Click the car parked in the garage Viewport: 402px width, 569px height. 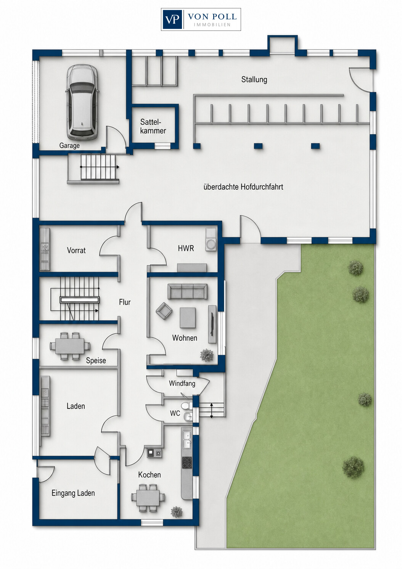click(82, 102)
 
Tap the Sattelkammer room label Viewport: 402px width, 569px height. click(153, 126)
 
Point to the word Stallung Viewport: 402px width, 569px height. click(254, 79)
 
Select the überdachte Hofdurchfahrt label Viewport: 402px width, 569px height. click(243, 187)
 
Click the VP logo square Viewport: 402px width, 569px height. click(172, 19)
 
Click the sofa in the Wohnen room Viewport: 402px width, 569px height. click(187, 291)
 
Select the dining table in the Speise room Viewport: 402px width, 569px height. click(70, 346)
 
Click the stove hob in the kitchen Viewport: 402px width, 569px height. click(187, 463)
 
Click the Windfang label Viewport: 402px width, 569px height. click(182, 383)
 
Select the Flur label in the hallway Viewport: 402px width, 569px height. click(124, 302)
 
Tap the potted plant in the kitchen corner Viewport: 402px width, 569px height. click(177, 511)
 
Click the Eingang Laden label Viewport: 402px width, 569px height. click(73, 493)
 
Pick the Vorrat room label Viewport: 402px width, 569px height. click(76, 251)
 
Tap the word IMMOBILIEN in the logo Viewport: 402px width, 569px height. click(212, 25)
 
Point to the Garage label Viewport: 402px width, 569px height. click(69, 146)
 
